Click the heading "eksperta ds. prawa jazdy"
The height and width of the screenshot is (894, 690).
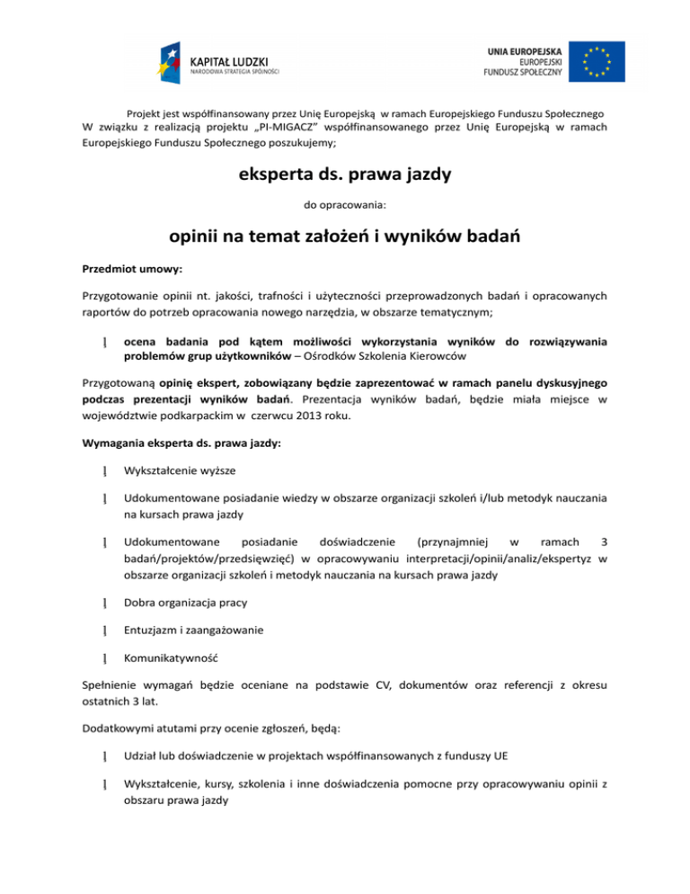click(344, 174)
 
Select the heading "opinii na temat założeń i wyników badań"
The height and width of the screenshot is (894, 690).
click(345, 238)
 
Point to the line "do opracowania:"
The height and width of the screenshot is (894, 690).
click(345, 205)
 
